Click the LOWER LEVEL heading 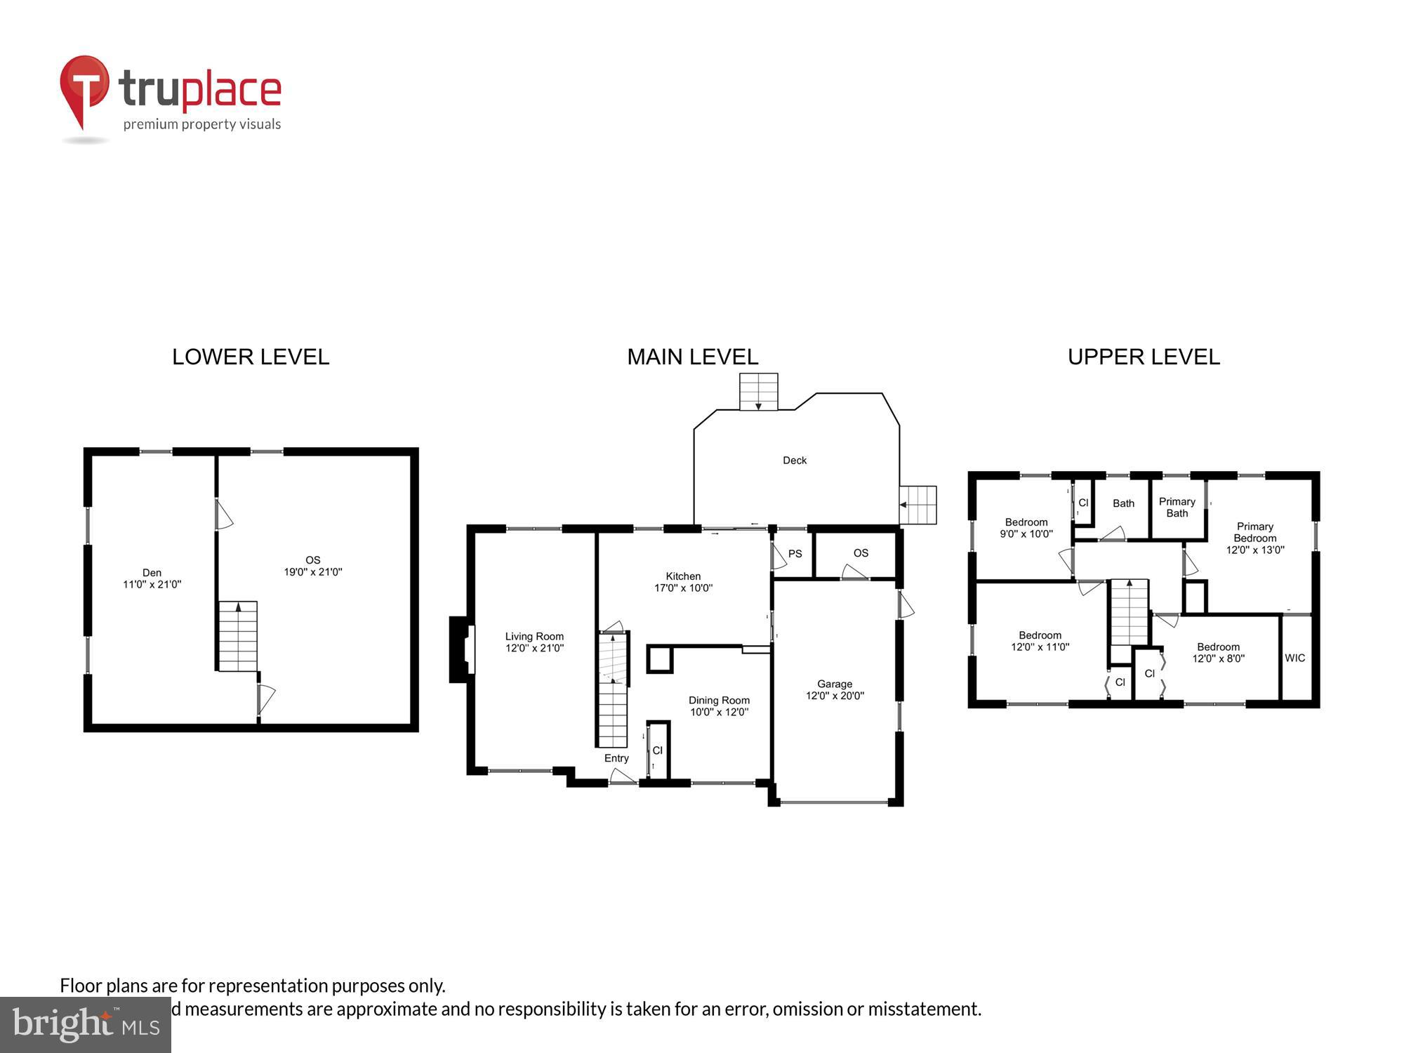[251, 357]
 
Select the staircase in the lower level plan [237, 636]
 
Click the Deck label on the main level [795, 461]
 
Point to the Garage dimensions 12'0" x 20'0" [835, 696]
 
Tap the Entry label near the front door [616, 758]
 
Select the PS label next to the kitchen [795, 554]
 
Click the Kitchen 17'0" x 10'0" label [683, 582]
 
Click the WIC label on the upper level [1294, 658]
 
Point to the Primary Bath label [1177, 507]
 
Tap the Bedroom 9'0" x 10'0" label [1026, 528]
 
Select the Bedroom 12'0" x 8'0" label [1218, 653]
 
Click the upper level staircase [1128, 612]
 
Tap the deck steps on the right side [918, 505]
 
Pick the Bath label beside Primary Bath [1123, 503]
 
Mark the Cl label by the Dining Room [657, 750]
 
